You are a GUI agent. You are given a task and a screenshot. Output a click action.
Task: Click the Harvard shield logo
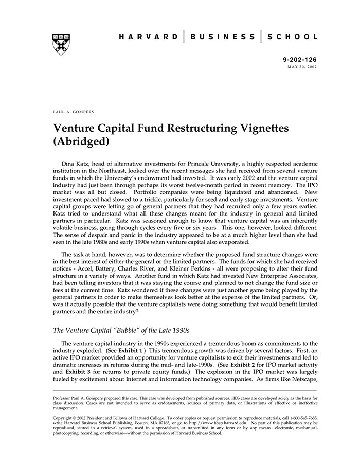point(61,44)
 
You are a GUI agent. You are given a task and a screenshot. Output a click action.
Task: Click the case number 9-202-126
point(300,60)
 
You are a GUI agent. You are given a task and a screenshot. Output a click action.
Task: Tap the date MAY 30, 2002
point(302,67)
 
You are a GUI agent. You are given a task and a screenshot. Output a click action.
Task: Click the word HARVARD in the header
point(149,37)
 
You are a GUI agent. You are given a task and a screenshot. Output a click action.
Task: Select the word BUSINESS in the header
point(222,37)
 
